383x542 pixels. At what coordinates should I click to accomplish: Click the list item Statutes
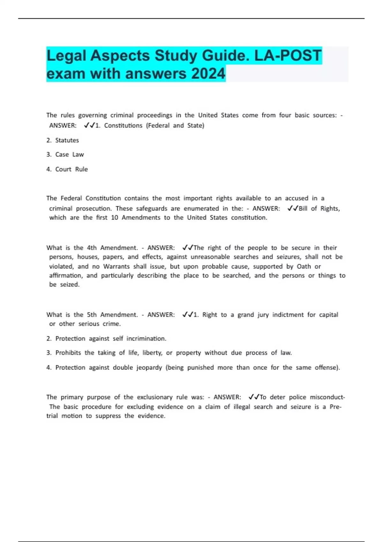tap(67, 140)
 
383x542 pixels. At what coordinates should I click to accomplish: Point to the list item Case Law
tap(69, 155)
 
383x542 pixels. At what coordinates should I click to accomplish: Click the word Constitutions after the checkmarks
tap(123, 126)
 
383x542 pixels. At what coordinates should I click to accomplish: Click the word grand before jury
tap(245, 315)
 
